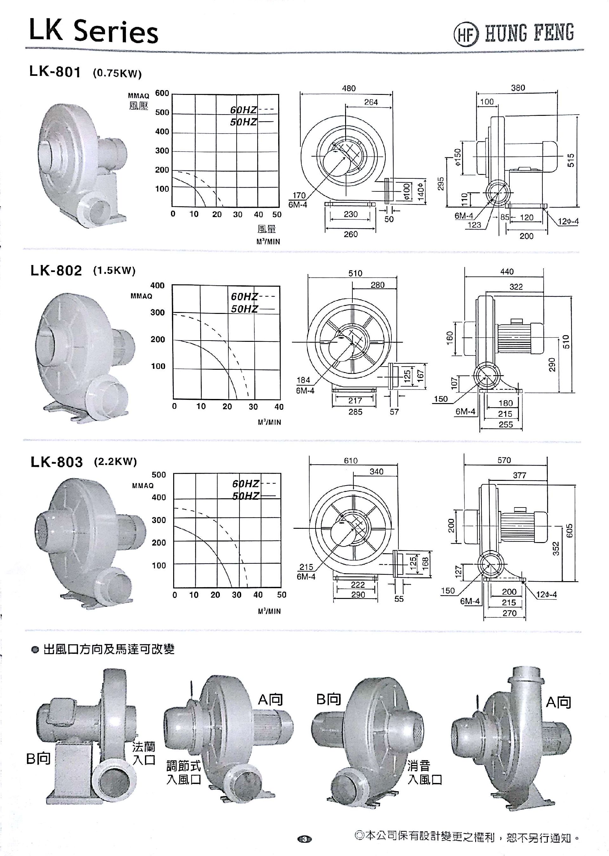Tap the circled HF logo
click(x=466, y=34)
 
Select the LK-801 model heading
click(x=55, y=72)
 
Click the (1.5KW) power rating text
click(x=114, y=270)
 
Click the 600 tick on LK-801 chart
click(x=162, y=93)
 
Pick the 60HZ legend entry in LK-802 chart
click(x=244, y=296)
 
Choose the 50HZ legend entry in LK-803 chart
click(x=246, y=496)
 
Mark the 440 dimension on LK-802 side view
click(x=507, y=271)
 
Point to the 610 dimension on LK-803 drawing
click(x=350, y=461)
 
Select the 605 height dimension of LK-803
click(x=570, y=531)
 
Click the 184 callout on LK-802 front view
click(x=303, y=380)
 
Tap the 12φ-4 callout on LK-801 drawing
click(x=568, y=222)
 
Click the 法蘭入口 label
click(x=144, y=753)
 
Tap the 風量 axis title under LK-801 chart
click(x=267, y=229)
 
